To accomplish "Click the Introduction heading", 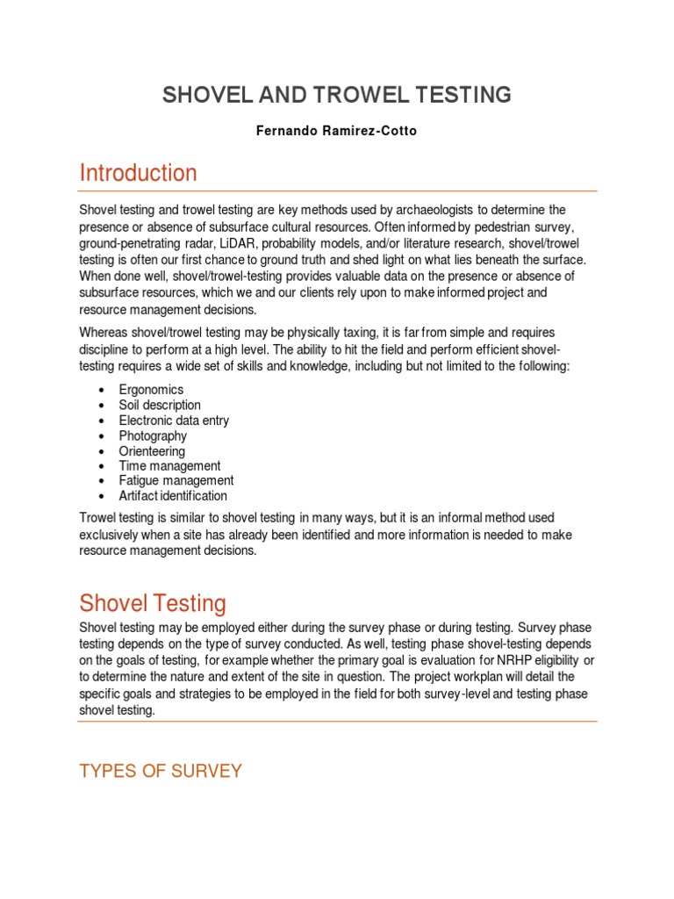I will coord(138,173).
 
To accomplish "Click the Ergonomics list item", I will coord(151,390).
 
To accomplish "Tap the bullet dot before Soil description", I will coord(103,406).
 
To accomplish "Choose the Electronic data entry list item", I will coord(174,421).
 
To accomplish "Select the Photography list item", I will coord(153,435).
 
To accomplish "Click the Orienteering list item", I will coord(152,451).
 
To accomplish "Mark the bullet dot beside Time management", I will coord(103,466).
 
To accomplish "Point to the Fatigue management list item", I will coord(176,481).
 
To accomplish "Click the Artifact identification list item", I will coord(173,496).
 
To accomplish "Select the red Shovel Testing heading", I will coord(153,603).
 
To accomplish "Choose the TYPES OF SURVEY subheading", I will coord(160,771).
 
